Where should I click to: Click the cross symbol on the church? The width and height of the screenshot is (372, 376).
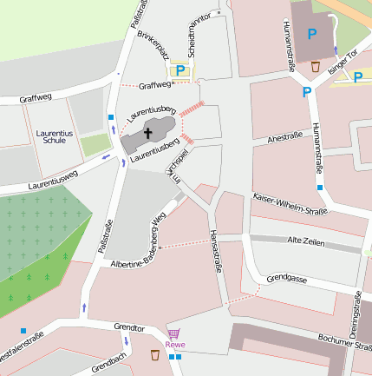click(x=147, y=134)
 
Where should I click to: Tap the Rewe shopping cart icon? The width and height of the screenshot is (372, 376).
click(x=173, y=333)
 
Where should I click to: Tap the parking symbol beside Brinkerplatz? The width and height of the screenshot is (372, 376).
click(x=180, y=71)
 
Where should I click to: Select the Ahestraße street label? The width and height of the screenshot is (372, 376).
click(x=285, y=136)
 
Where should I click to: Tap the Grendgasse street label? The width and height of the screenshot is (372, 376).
click(x=288, y=279)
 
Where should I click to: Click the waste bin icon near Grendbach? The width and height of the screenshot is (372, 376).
click(x=154, y=354)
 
